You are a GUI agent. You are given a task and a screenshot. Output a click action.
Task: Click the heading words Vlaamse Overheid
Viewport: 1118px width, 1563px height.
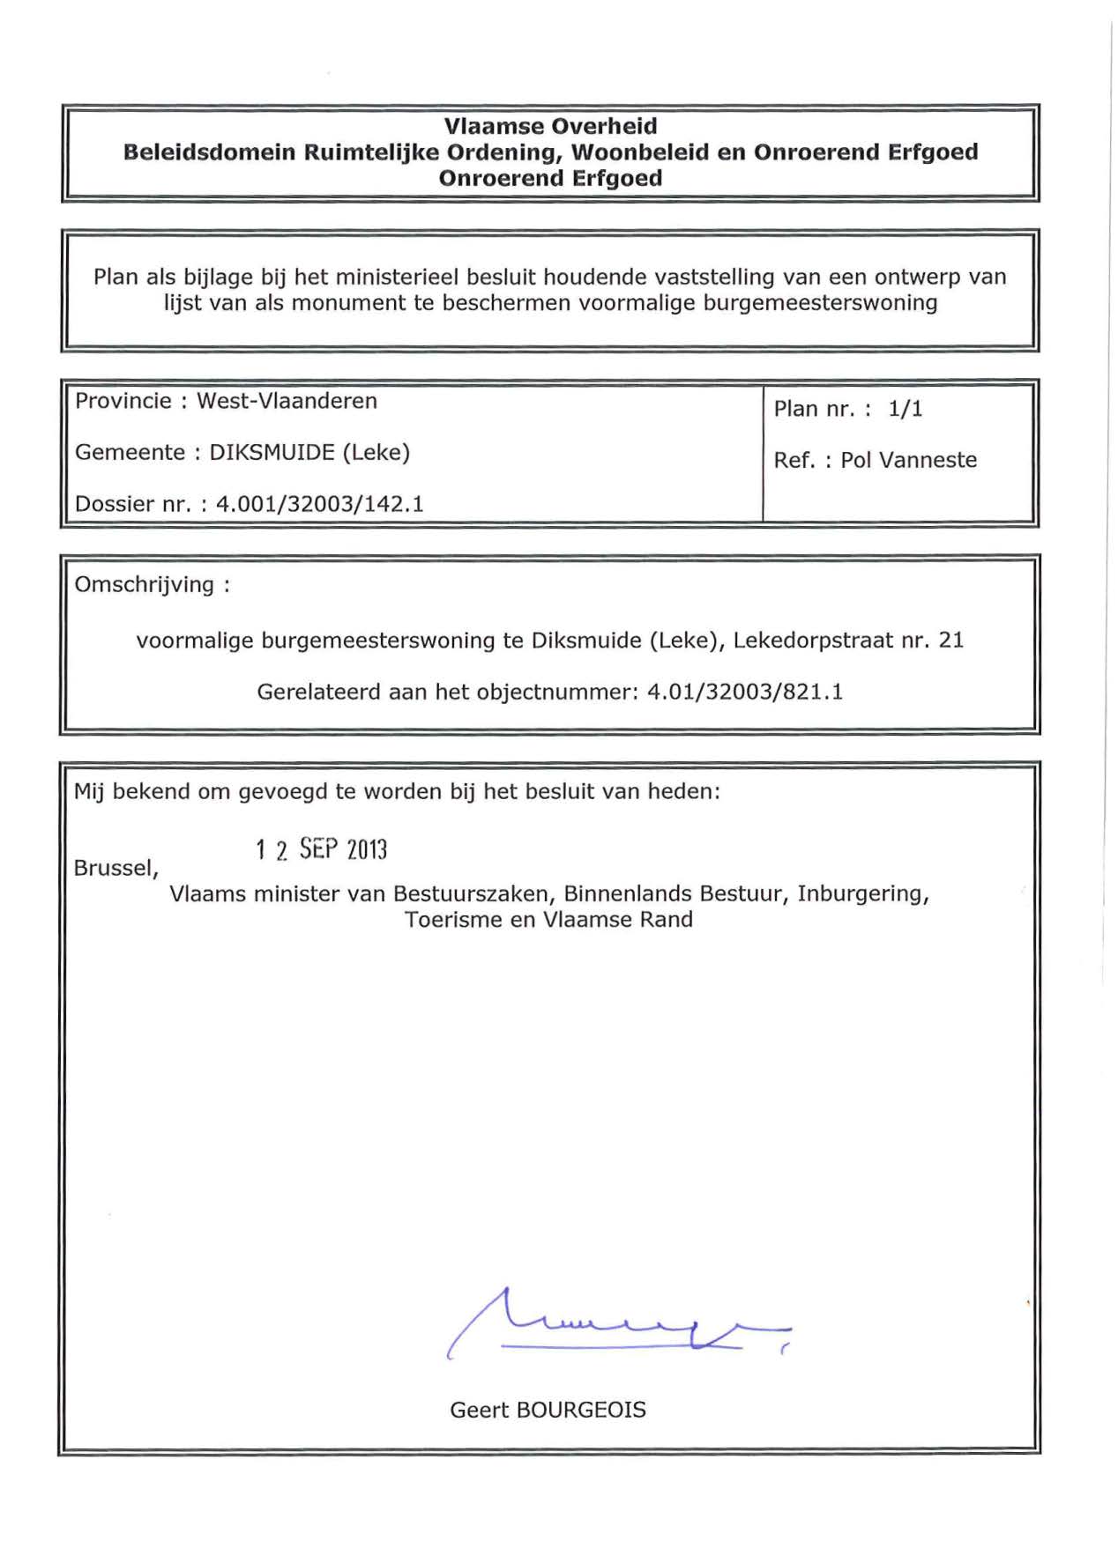point(550,126)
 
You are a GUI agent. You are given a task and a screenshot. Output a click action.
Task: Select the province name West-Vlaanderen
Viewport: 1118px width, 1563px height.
point(287,401)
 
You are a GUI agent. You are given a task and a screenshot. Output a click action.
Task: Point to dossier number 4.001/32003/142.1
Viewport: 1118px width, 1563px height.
point(320,504)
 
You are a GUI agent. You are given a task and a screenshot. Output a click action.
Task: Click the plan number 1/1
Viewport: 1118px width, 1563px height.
point(906,409)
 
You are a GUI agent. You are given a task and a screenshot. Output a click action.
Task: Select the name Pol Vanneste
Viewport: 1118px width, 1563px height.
point(908,461)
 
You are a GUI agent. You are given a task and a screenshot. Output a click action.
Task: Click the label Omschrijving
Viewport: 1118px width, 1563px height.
point(144,585)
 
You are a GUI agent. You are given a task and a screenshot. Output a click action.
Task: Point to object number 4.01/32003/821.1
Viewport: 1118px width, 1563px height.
point(745,693)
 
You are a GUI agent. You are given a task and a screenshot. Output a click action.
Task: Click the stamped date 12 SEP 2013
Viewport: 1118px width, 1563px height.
point(322,849)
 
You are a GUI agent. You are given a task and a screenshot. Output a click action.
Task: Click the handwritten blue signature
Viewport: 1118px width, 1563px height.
point(617,1322)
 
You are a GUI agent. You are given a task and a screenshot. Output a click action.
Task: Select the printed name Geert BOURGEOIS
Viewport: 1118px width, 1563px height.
point(548,1410)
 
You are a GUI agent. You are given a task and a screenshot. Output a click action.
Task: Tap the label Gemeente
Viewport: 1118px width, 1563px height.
point(130,453)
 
